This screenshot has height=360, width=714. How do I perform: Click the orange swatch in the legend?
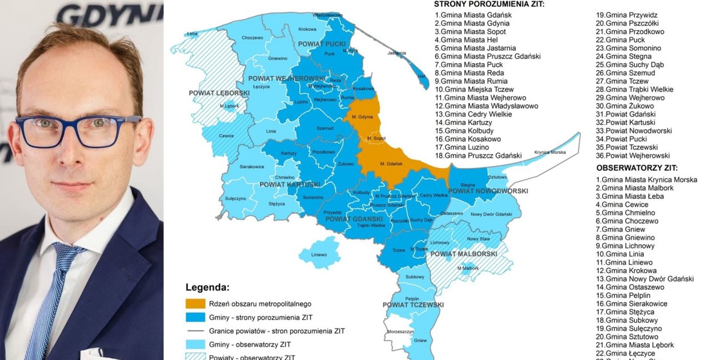[x=195, y=304]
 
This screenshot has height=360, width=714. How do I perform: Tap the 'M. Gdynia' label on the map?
[x=362, y=117]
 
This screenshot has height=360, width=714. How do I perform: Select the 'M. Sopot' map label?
[x=376, y=139]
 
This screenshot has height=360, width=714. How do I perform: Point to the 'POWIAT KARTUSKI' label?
[x=290, y=185]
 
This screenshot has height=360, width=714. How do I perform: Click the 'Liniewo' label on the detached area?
[x=319, y=254]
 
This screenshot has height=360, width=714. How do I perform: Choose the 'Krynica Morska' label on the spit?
[x=549, y=153]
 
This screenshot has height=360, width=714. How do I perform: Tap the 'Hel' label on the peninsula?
[x=422, y=76]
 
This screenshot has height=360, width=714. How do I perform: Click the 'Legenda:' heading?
[x=207, y=287]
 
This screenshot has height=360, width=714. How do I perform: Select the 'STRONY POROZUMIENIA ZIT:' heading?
[x=489, y=4]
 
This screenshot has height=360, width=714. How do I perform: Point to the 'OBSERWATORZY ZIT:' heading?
[x=637, y=168]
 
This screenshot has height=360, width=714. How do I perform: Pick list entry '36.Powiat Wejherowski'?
[x=633, y=155]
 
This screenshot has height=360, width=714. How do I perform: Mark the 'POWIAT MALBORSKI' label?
[x=463, y=253]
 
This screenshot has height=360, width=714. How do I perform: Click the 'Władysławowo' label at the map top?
[x=328, y=15]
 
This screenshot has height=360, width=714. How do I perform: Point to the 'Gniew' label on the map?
[x=420, y=341]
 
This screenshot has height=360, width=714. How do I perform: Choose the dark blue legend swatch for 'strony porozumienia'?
[x=195, y=317]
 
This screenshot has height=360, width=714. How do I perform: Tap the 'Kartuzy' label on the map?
[x=289, y=153]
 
